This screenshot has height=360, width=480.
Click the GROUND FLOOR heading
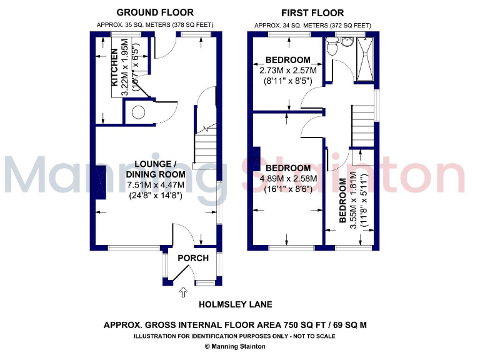click(155, 12)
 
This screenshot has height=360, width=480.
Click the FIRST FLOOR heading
click(312, 12)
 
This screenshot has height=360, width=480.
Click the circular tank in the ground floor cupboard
click(138, 112)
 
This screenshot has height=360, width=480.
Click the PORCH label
click(193, 258)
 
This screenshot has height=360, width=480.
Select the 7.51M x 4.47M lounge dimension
click(156, 185)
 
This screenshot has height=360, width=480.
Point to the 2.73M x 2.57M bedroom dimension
click(288, 71)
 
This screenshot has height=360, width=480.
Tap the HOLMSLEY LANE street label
click(234, 305)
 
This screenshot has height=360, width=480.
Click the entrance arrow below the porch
click(182, 291)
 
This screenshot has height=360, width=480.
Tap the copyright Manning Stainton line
click(234, 346)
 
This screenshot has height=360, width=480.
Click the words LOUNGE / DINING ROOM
click(156, 169)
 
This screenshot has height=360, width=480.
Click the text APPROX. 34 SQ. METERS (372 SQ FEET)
click(312, 25)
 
